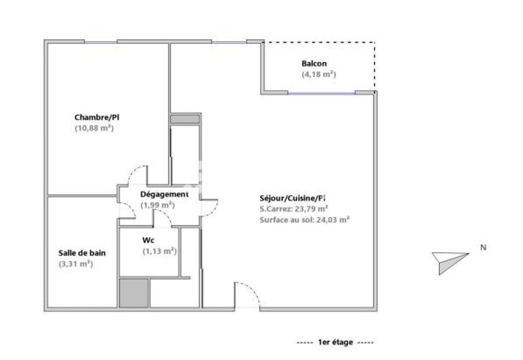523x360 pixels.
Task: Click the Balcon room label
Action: point(314,63)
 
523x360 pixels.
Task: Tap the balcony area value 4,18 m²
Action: point(319,74)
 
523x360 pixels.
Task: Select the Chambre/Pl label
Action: point(97,117)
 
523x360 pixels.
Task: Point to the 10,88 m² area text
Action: point(94,128)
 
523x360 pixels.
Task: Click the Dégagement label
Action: point(164,194)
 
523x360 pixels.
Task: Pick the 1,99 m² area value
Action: point(158,205)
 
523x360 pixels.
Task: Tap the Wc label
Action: point(148,240)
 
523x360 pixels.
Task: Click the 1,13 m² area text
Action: point(160,251)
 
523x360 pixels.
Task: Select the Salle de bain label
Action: point(82,253)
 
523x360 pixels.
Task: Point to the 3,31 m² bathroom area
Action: point(75,264)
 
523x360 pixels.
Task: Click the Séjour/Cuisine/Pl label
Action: point(293,198)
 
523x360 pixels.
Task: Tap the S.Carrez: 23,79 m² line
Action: point(294,209)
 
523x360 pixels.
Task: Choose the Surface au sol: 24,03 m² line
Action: point(304,220)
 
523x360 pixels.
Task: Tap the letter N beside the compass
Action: point(483,247)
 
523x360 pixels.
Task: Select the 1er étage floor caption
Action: point(335,342)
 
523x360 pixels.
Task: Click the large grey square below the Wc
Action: point(134,293)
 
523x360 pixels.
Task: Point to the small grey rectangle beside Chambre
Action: point(185,119)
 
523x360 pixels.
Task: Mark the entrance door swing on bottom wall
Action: point(247,295)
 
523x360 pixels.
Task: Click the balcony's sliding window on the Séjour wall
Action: point(321,93)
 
